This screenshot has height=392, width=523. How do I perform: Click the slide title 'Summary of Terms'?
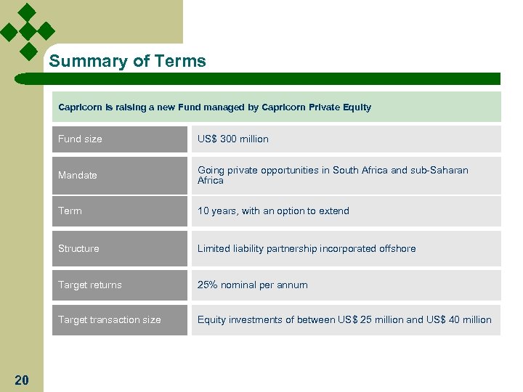point(127,62)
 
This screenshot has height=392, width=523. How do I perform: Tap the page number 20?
point(22,380)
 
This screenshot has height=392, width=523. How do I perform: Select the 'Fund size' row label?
point(80,139)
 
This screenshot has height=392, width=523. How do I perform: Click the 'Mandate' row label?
point(78,175)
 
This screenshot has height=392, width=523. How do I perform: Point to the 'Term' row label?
point(70,211)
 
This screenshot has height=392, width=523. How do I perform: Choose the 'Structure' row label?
point(78,248)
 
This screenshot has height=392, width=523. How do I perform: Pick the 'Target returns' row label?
point(90,285)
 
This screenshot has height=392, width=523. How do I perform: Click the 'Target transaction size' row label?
point(110,319)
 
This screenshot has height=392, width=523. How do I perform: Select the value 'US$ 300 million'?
point(233,139)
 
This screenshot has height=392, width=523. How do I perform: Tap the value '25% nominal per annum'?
point(253,285)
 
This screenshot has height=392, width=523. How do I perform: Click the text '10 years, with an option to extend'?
point(273,211)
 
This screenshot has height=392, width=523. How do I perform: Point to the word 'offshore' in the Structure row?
point(397,248)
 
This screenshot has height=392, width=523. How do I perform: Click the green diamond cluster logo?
point(27,31)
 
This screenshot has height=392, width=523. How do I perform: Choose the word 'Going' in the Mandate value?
point(211,170)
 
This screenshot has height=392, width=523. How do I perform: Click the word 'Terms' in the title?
point(184,62)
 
